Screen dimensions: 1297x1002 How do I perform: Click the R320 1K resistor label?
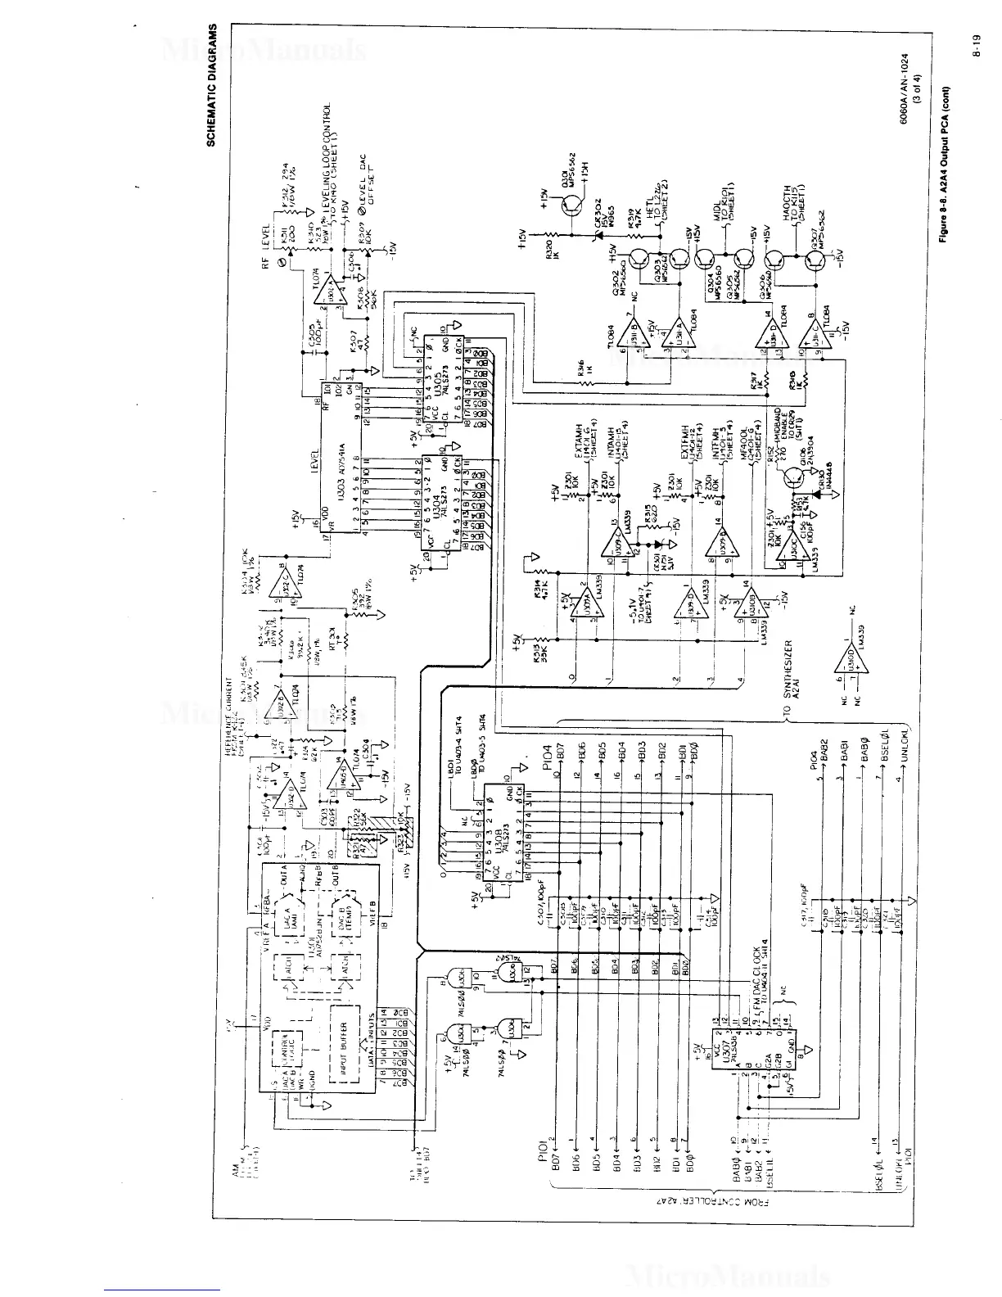coord(553,251)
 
